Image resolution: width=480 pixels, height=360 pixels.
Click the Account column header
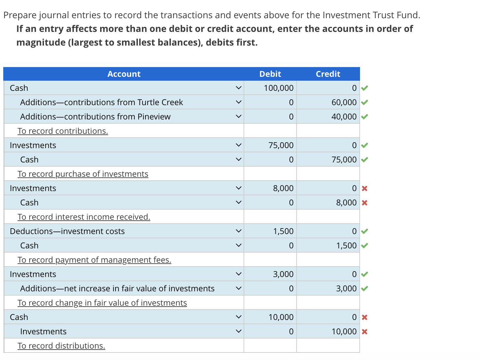coord(124,74)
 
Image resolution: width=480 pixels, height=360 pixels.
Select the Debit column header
coord(270,74)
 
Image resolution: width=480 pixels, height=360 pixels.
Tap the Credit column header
coord(328,74)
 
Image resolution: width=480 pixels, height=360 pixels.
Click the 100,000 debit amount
coord(278,88)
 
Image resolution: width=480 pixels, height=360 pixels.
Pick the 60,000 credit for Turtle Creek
coord(344,103)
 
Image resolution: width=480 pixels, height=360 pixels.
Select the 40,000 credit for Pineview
coord(344,117)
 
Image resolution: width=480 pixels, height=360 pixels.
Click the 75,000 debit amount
coord(281,145)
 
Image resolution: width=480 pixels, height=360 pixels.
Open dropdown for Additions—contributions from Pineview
coord(238,117)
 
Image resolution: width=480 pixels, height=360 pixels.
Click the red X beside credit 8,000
coord(365,203)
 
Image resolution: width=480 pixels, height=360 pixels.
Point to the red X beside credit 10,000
coord(365,332)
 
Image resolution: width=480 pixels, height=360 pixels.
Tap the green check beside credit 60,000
coord(365,103)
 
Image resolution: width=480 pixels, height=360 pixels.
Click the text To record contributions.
coord(63,131)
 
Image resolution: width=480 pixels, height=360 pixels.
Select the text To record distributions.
coord(61,346)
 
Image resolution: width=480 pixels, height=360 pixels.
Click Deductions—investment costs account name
coord(67,231)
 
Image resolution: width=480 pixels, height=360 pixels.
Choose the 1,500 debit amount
coord(283,231)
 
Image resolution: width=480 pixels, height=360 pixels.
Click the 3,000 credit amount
coord(346,289)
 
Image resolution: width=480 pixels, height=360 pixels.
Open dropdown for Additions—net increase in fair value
coord(238,288)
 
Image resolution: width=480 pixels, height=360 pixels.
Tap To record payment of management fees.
coord(94,260)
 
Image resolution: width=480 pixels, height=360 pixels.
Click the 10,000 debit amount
coord(281,317)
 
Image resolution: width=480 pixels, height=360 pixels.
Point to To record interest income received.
coord(84,217)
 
